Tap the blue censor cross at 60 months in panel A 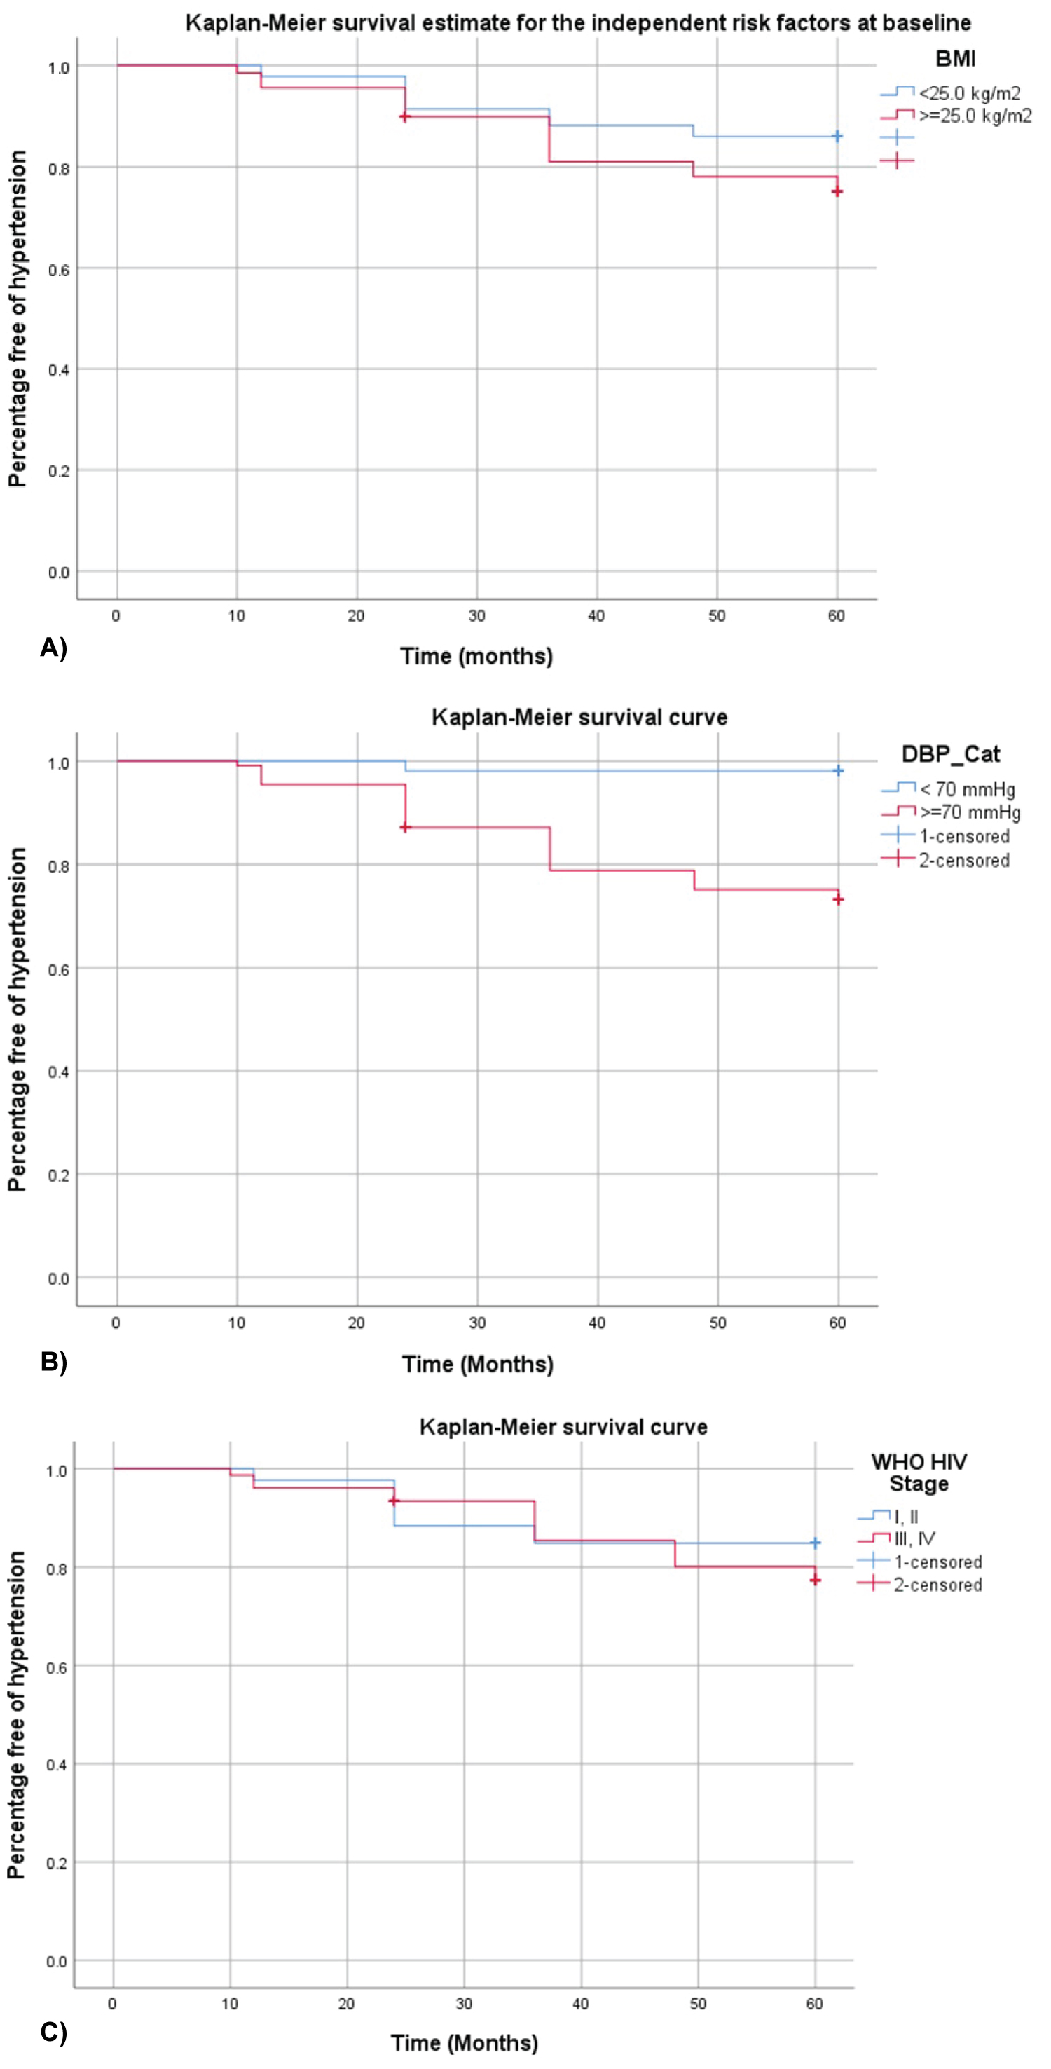pyautogui.click(x=837, y=137)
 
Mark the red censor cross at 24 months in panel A pyautogui.click(x=405, y=117)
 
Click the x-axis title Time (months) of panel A pyautogui.click(x=476, y=656)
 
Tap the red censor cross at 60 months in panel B pyautogui.click(x=838, y=899)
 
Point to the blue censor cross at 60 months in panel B pyautogui.click(x=838, y=770)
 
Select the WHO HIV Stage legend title pyautogui.click(x=919, y=1473)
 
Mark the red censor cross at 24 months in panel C pyautogui.click(x=393, y=1501)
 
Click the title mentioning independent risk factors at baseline pyautogui.click(x=577, y=22)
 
